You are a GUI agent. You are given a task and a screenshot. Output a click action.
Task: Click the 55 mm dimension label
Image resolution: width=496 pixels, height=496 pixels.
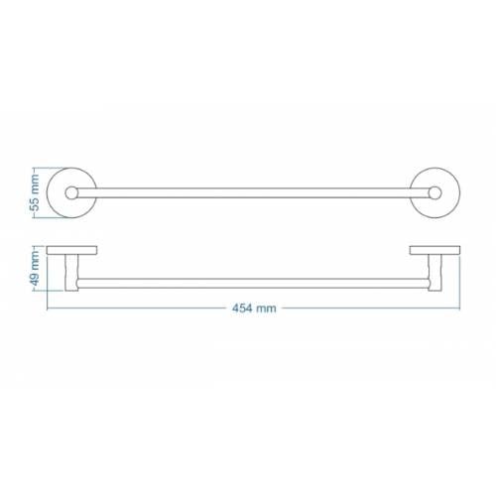[35, 192]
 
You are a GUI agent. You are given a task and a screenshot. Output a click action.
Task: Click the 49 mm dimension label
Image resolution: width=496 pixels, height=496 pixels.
[35, 268]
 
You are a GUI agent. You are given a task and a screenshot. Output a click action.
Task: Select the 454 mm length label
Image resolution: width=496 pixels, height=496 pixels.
[254, 309]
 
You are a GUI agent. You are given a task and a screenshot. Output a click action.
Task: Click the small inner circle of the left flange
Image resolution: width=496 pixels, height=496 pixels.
[65, 193]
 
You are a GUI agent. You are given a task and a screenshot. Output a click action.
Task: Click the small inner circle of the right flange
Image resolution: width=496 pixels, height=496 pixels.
[440, 193]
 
